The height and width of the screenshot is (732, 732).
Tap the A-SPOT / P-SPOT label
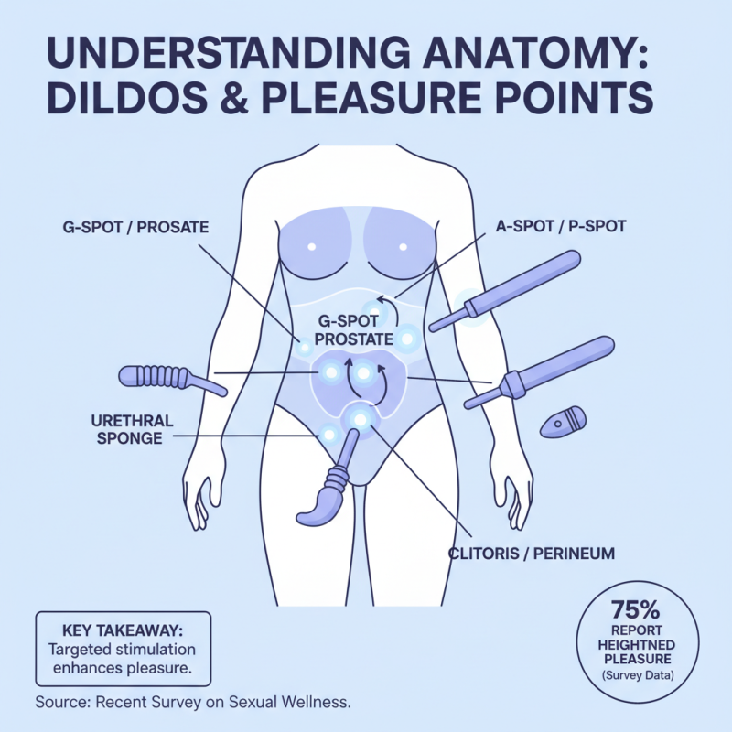pos(560,225)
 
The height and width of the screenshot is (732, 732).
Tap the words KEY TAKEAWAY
pos(122,631)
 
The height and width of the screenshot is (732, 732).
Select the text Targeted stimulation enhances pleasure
pos(122,659)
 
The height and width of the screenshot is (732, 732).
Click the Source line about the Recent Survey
pos(193,703)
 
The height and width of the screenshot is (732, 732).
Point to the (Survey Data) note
pos(640,675)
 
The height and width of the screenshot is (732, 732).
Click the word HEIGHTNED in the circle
pos(640,645)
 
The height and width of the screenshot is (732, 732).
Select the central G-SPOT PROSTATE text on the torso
pos(353,329)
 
